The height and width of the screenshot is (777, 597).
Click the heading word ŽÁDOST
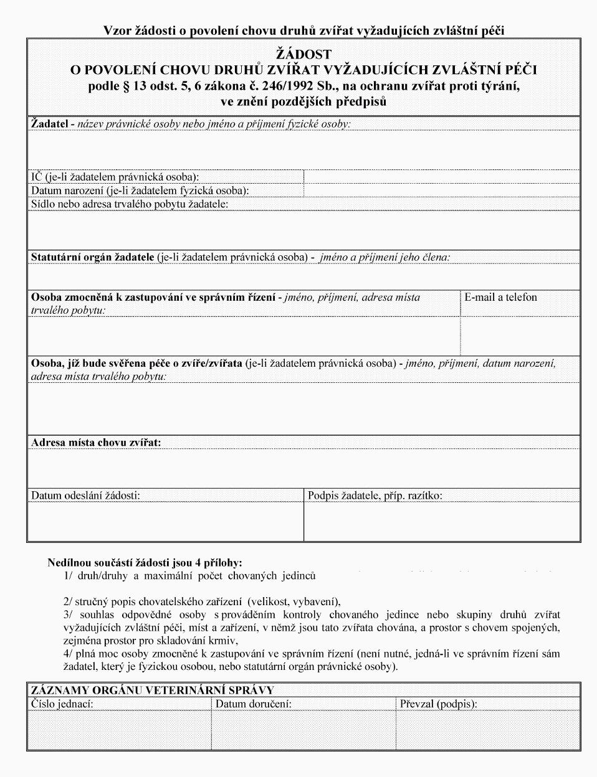coord(304,55)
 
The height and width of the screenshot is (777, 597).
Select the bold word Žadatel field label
coord(49,124)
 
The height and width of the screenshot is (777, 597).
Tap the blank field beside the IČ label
coord(441,177)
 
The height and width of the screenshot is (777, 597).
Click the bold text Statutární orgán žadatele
coord(93,257)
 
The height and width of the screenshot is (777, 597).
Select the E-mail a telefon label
coord(500,298)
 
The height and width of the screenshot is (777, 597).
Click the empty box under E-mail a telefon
coord(520,334)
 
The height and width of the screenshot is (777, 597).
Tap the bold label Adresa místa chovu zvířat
coord(96,443)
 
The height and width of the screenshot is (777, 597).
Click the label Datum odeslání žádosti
coord(85,496)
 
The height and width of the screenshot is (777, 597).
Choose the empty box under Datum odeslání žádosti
coord(165,521)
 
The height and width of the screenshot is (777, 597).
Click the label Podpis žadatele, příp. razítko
coord(375,496)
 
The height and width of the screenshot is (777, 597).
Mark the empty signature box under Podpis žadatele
coord(441,521)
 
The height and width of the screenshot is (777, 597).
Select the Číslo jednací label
coord(62,704)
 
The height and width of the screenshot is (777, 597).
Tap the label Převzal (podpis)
coord(438,704)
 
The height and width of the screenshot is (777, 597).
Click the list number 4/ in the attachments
coord(69,654)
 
